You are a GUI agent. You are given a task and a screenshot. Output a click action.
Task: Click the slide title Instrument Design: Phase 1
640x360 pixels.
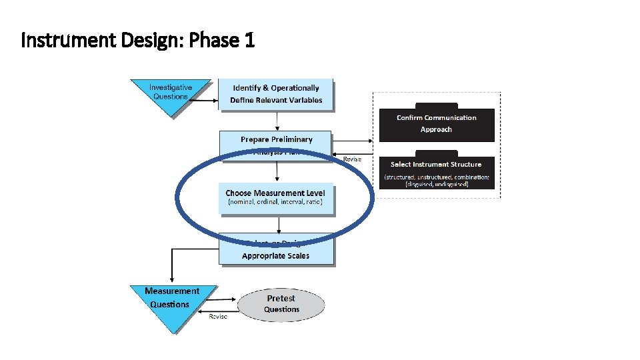tap(138, 41)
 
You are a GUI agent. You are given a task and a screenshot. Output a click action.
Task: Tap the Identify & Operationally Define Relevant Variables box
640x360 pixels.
tap(276, 95)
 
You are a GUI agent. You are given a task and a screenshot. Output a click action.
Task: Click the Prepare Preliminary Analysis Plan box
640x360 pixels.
tap(276, 141)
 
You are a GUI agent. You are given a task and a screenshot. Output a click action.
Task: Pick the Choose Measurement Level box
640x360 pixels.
tap(276, 198)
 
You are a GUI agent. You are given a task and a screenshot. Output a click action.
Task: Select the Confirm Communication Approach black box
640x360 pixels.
tap(437, 124)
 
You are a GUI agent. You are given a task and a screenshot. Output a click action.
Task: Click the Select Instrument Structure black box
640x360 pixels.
tap(437, 173)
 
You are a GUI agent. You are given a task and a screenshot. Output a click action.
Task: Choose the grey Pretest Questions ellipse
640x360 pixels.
tap(281, 304)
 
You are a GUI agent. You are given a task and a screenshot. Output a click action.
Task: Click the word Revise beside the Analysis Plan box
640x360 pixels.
tap(352, 159)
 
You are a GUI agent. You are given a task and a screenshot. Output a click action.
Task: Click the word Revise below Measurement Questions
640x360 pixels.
tap(218, 316)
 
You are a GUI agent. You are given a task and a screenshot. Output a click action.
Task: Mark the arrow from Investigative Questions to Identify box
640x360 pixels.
tap(205, 101)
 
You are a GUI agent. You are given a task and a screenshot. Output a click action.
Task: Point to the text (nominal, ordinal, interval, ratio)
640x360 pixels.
tap(275, 202)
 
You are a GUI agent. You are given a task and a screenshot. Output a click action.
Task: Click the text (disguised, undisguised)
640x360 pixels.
tap(437, 184)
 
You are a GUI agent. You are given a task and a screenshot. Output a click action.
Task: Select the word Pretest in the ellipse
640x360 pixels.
tap(281, 298)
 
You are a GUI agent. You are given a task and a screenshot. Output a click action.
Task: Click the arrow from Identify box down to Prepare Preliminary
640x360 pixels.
tap(277, 121)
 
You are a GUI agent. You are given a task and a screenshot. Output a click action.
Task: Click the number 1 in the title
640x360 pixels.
tap(249, 41)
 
